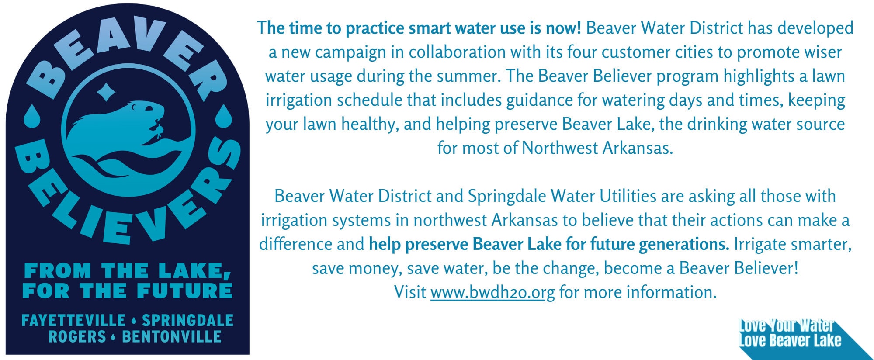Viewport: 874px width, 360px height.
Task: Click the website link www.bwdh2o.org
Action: [x=492, y=292]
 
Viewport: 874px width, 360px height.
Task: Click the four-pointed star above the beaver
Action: [x=106, y=92]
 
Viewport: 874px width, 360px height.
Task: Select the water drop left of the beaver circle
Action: [x=31, y=116]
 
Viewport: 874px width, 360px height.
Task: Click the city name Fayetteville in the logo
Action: [x=73, y=321]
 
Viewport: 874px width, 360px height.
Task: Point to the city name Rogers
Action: [x=77, y=337]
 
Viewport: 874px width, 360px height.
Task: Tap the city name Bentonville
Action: [x=172, y=337]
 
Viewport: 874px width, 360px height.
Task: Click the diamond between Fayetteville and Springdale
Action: [x=134, y=321]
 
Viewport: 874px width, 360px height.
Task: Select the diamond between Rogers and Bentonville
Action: [x=114, y=337]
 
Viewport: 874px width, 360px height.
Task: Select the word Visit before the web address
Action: [x=410, y=292]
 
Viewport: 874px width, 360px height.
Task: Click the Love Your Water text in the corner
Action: [x=786, y=325]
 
